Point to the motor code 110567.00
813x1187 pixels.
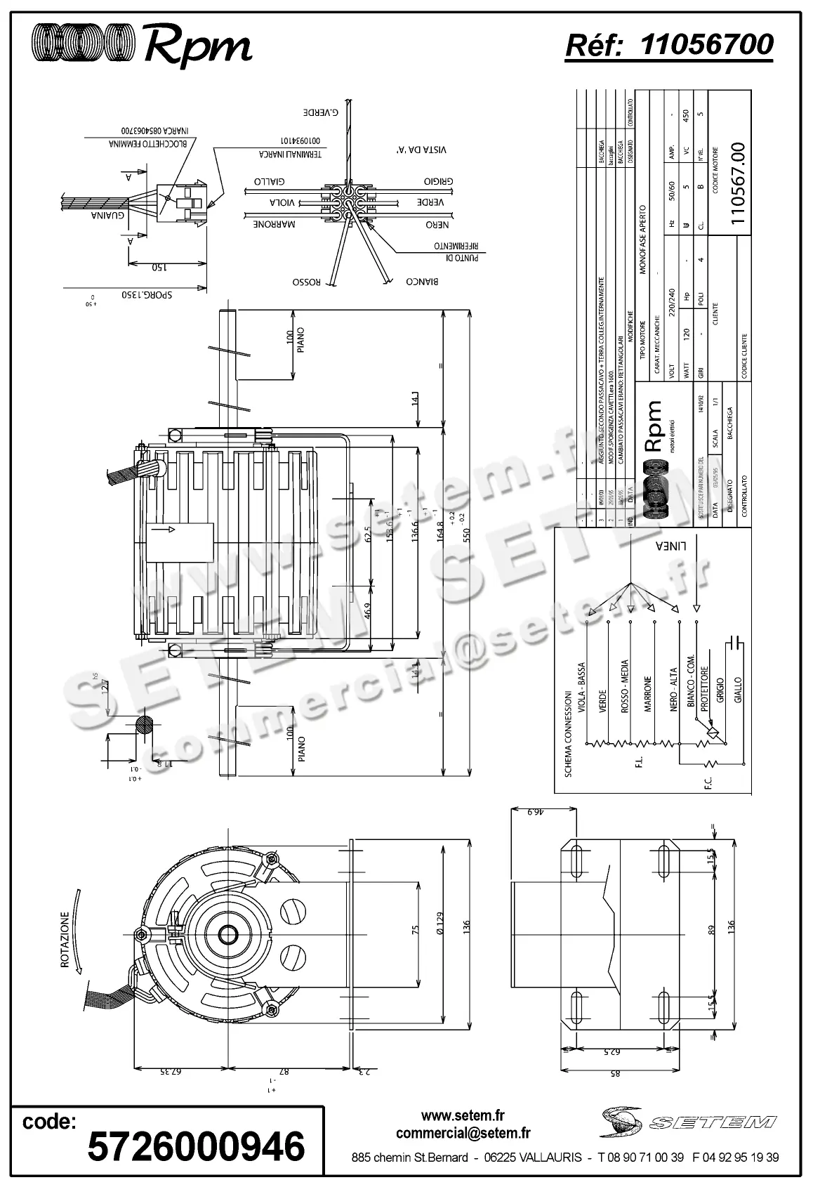pyautogui.click(x=737, y=183)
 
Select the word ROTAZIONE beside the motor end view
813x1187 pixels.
pyautogui.click(x=65, y=940)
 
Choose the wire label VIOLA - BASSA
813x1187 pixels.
pyautogui.click(x=581, y=689)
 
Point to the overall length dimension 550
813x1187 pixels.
pyautogui.click(x=465, y=535)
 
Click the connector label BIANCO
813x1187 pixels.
pyautogui.click(x=422, y=282)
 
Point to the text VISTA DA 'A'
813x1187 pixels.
pyautogui.click(x=421, y=150)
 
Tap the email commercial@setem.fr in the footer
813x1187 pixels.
pyautogui.click(x=463, y=1133)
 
